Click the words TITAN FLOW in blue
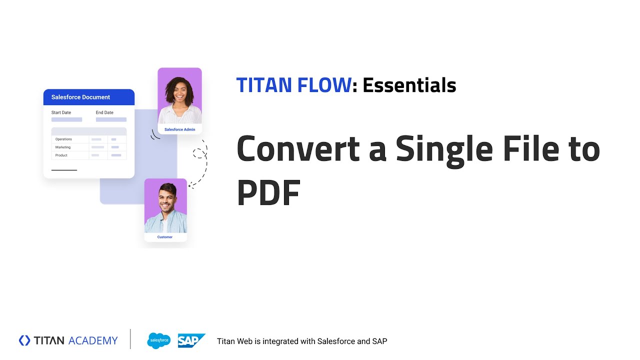coord(293,85)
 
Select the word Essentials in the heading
coord(409,85)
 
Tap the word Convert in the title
coord(298,149)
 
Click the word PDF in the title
coord(268,193)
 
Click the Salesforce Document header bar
coord(89,97)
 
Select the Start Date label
coord(61,112)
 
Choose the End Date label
coord(104,112)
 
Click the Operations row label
coord(63,139)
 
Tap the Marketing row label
coord(63,147)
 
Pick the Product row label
coord(61,155)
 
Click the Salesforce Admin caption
coord(179,129)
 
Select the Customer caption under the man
coord(165,237)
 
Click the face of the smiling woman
coord(179,92)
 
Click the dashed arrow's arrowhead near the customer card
coord(190,185)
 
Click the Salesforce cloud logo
coord(159,341)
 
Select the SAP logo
coord(190,341)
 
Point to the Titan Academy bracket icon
coord(24,340)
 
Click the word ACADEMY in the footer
coord(93,341)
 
